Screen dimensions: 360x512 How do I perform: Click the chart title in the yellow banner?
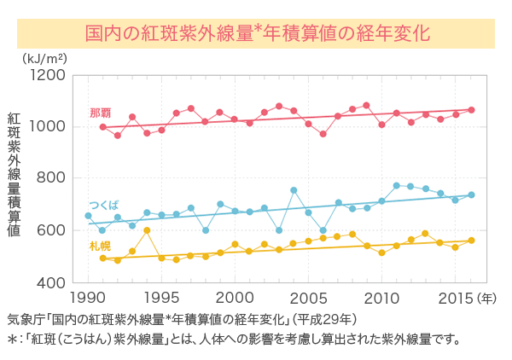256,33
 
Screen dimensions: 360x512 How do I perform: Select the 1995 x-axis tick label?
161,299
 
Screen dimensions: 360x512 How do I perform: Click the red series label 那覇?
100,113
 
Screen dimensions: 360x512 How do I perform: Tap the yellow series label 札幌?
100,246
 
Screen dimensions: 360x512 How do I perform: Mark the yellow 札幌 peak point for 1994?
147,230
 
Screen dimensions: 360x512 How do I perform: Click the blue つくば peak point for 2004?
294,190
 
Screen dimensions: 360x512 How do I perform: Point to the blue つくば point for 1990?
88,216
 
